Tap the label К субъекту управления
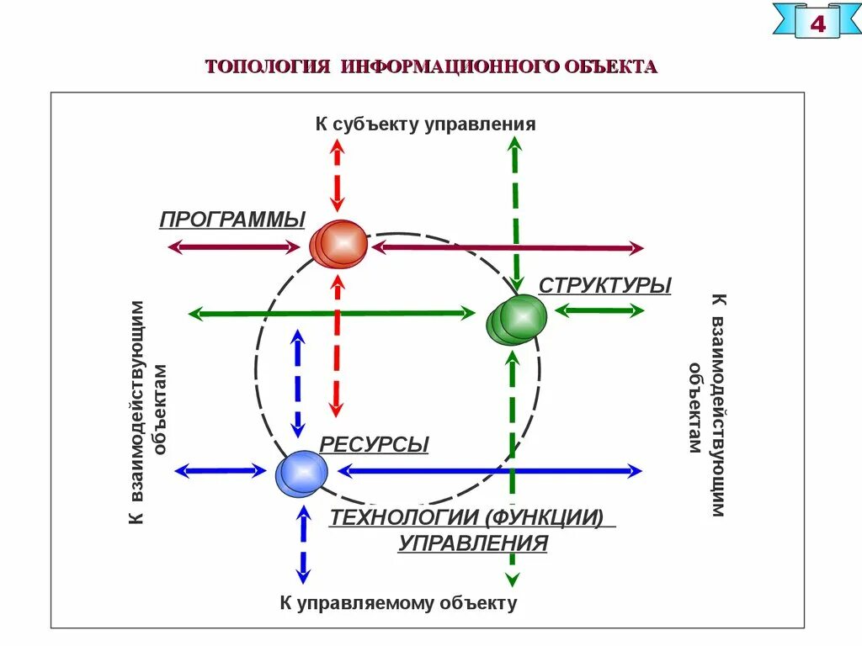(425, 124)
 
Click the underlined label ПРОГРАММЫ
(232, 220)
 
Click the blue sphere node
(301, 474)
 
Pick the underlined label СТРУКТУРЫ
(604, 286)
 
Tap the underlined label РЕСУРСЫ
(374, 444)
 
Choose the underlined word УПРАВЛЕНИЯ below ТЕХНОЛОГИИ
(472, 543)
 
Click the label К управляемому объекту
(398, 603)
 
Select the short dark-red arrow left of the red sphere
(234, 247)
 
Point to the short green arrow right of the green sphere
(599, 310)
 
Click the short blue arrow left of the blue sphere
(220, 472)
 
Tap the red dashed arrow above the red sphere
(337, 176)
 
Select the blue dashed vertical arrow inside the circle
(297, 383)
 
